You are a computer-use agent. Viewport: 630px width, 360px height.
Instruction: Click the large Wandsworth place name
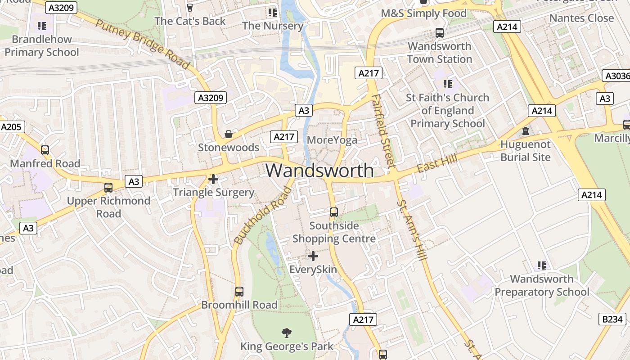319,171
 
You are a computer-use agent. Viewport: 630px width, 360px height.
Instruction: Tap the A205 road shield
11,127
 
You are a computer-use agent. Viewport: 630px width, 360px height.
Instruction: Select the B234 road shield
612,319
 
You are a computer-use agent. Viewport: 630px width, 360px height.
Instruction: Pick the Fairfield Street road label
383,131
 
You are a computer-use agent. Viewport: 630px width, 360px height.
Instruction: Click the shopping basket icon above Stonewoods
229,134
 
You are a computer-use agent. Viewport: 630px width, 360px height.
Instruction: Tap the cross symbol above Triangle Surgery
213,179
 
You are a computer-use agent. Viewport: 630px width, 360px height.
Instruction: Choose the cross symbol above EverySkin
313,256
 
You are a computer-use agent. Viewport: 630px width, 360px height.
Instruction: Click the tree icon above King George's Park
286,333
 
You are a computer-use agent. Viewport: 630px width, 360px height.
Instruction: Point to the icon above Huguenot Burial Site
525,131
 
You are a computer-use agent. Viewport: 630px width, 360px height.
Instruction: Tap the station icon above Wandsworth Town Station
439,33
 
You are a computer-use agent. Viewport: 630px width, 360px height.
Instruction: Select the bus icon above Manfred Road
45,150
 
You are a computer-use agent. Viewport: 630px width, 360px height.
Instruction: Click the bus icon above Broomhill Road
239,292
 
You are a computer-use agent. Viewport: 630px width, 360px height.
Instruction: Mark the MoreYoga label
332,140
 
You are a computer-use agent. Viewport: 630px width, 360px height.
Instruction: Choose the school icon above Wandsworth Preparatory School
542,265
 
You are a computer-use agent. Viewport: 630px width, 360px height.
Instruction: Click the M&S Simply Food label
423,13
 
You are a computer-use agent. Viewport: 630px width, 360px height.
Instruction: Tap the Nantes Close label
581,18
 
